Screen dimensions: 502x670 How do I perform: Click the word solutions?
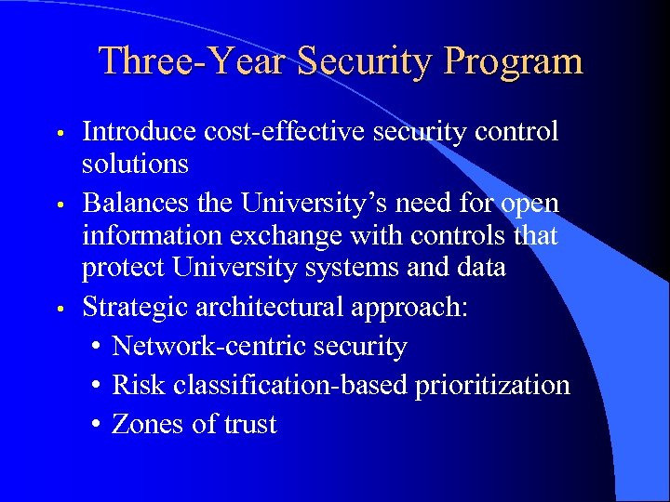(135, 165)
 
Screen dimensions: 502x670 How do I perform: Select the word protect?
(122, 268)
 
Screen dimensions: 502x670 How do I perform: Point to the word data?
(479, 268)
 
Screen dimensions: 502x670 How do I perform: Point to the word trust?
(250, 424)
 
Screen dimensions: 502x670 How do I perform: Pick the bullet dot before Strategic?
(60, 308)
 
